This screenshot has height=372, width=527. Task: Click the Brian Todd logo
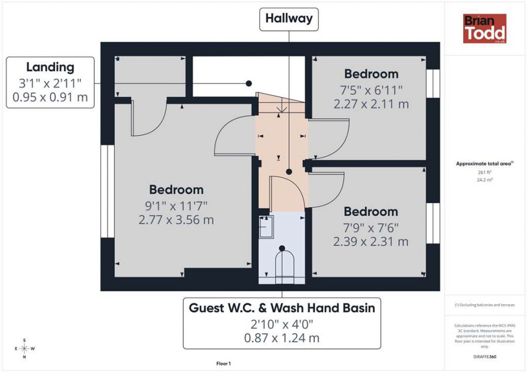pyautogui.click(x=485, y=29)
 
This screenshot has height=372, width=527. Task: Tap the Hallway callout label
pyautogui.click(x=289, y=19)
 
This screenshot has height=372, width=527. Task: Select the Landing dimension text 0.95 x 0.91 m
pyautogui.click(x=50, y=97)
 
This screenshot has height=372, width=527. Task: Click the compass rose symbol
pyautogui.click(x=25, y=349)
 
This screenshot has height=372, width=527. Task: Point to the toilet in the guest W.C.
pyautogui.click(x=285, y=264)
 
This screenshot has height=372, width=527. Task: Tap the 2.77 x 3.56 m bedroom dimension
pyautogui.click(x=176, y=220)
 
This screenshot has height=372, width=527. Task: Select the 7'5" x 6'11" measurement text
pyautogui.click(x=371, y=90)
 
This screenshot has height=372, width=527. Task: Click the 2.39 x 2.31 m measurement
pyautogui.click(x=371, y=242)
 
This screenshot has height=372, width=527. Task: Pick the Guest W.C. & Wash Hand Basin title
pyautogui.click(x=282, y=308)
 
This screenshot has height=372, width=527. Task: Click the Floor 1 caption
pyautogui.click(x=224, y=364)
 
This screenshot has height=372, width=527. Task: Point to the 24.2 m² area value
pyautogui.click(x=485, y=180)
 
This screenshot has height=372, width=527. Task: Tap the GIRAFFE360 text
pyautogui.click(x=485, y=357)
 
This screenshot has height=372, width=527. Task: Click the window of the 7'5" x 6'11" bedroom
pyautogui.click(x=433, y=84)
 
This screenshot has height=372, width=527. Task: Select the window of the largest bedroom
pyautogui.click(x=108, y=191)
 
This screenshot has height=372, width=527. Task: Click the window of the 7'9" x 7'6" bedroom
pyautogui.click(x=433, y=223)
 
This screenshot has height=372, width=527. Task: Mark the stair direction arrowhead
pyautogui.click(x=282, y=109)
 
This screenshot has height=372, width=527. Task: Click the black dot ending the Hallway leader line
pyautogui.click(x=289, y=171)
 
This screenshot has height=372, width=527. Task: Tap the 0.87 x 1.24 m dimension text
pyautogui.click(x=282, y=338)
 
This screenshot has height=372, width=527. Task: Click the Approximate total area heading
pyautogui.click(x=485, y=164)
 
